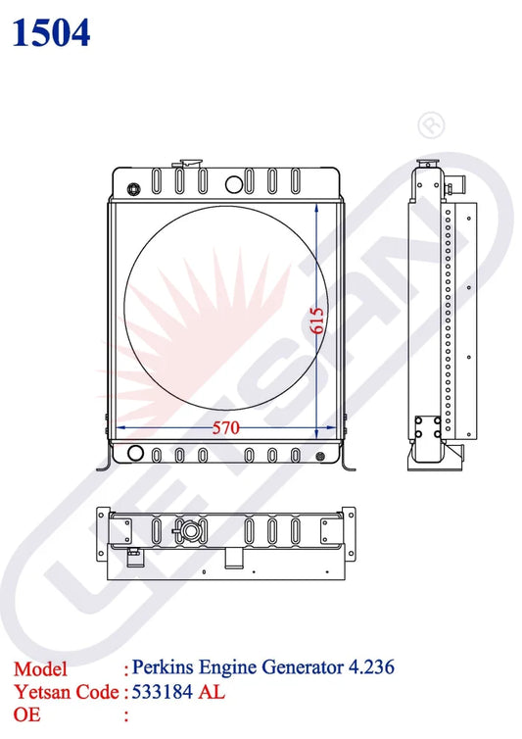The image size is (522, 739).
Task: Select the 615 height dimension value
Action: [317, 320]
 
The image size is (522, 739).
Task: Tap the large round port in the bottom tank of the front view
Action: [135, 454]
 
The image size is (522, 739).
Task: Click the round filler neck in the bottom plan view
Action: [187, 532]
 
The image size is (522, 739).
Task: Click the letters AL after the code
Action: [213, 692]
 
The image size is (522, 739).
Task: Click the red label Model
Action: [40, 669]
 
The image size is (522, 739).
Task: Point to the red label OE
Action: [26, 715]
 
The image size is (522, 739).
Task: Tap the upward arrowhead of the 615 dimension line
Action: [316, 209]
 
